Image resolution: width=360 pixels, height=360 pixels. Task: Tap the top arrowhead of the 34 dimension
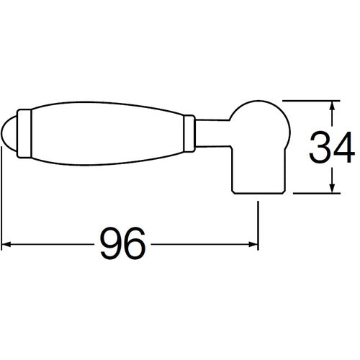(332, 106)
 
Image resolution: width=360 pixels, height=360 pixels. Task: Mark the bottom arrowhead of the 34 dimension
(332, 188)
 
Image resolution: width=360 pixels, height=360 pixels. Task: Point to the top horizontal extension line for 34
(310, 100)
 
